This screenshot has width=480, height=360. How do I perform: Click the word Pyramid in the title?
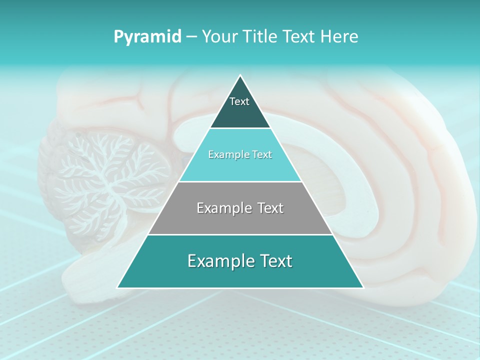click(147, 37)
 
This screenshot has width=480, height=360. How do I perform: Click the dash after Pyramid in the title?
click(191, 37)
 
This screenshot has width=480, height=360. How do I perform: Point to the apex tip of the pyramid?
click(240, 76)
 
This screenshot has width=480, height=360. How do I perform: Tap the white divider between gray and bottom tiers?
click(240, 234)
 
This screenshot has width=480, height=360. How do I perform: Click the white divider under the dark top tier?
click(240, 128)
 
